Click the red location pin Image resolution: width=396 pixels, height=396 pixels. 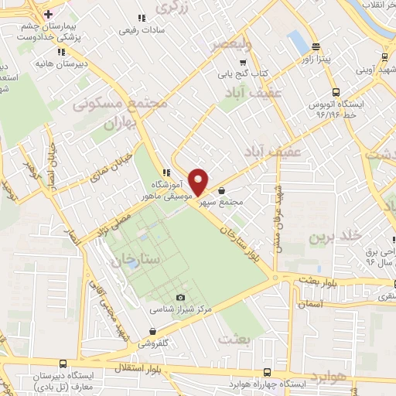(199, 181)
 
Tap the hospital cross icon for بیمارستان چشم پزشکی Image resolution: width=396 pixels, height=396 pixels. (49, 14)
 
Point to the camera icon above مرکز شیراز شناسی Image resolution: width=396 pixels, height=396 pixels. (181, 297)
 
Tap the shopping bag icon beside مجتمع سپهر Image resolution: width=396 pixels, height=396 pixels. (222, 190)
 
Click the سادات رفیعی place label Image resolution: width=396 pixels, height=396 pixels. (140, 31)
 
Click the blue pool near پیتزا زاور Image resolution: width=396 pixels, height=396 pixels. (297, 43)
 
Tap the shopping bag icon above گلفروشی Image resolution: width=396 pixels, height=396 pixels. (162, 328)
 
